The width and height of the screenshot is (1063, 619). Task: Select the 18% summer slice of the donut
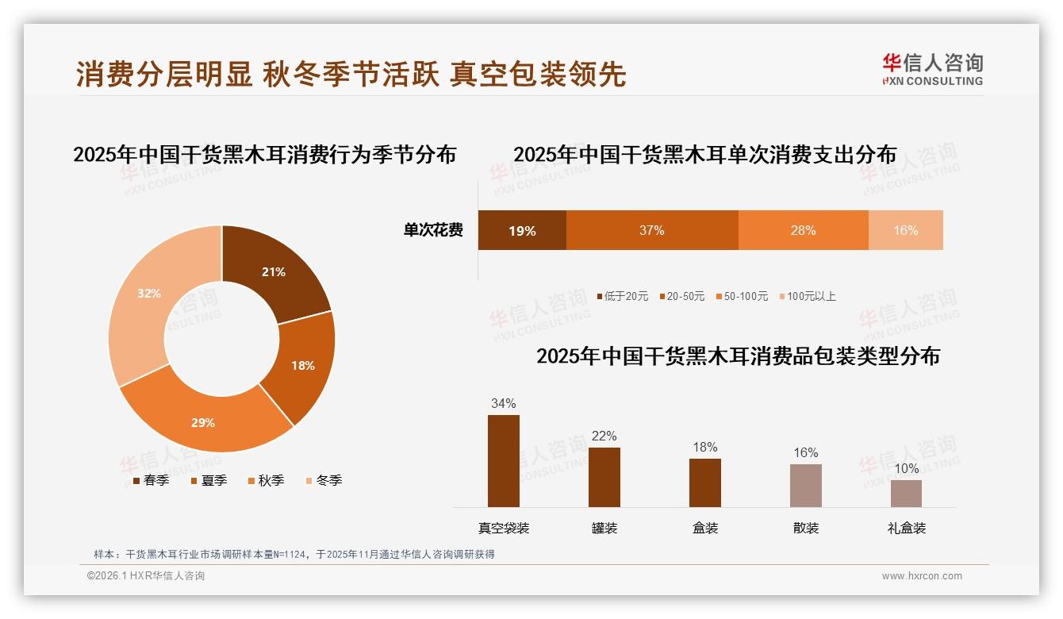[302, 365]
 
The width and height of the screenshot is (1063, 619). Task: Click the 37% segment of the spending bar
[651, 231]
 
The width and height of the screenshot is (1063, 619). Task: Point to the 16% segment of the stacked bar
[905, 231]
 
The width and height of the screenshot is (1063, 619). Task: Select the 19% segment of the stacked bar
[522, 231]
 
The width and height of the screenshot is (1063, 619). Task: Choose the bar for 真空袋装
[503, 460]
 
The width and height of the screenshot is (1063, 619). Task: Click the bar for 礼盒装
[906, 493]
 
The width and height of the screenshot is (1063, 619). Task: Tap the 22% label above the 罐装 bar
[604, 436]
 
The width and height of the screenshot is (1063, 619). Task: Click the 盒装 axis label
[704, 528]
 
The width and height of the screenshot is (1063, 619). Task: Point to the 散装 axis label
[805, 528]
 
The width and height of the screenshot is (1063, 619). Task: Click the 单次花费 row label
[433, 231]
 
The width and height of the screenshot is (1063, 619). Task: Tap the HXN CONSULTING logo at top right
[933, 70]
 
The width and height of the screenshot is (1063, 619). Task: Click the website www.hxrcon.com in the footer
[922, 576]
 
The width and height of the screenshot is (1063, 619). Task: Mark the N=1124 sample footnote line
[294, 554]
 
